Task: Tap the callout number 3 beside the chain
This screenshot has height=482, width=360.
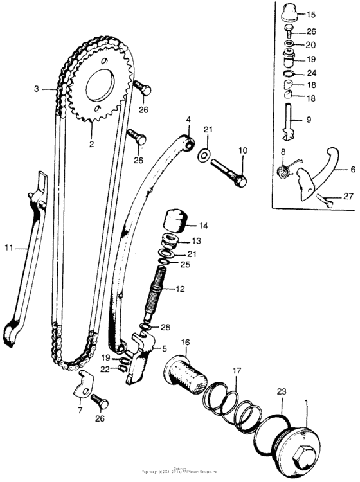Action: [x=37, y=89]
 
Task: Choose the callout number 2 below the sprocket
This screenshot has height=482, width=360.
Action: [x=91, y=144]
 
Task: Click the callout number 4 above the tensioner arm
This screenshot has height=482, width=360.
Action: [x=189, y=119]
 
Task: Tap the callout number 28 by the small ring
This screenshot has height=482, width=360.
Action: [x=165, y=328]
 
